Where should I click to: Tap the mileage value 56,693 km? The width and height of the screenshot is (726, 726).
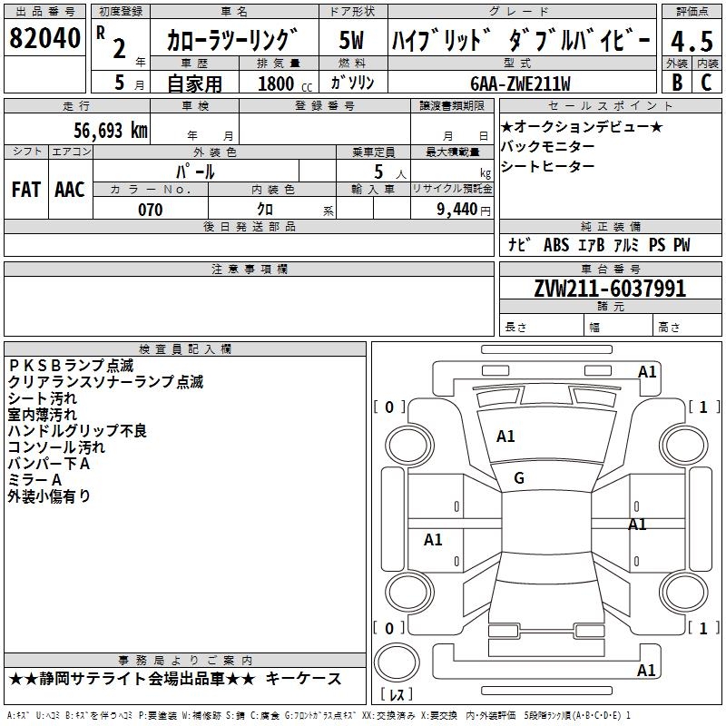click(99, 130)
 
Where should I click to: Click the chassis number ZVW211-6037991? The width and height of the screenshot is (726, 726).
click(609, 289)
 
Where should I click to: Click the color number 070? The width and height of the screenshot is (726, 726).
click(150, 210)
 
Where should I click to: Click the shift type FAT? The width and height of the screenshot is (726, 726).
click(25, 189)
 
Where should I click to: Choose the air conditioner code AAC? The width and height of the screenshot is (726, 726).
click(69, 189)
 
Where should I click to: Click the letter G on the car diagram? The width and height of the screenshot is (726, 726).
click(519, 478)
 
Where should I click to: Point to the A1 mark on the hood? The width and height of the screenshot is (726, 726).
click(505, 437)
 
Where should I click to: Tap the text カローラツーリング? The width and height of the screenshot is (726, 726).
click(232, 40)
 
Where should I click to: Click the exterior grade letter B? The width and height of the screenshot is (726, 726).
click(676, 83)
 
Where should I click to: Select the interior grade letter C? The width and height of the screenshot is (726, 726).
click(706, 83)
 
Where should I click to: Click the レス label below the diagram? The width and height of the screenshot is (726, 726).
click(397, 695)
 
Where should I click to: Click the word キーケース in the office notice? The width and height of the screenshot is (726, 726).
click(308, 679)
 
